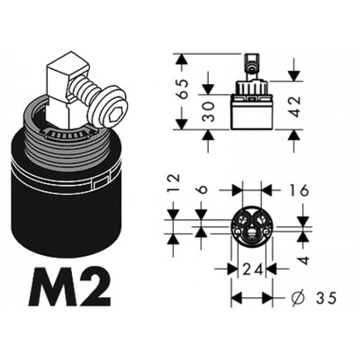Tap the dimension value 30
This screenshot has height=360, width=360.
[208, 112]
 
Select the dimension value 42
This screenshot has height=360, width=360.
[294, 106]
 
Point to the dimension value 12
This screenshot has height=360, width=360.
[173, 183]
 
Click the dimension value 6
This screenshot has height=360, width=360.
[202, 190]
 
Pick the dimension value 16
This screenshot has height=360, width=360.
[298, 190]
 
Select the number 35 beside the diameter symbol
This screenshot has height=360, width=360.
[326, 298]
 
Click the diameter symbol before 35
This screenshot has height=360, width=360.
[298, 298]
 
